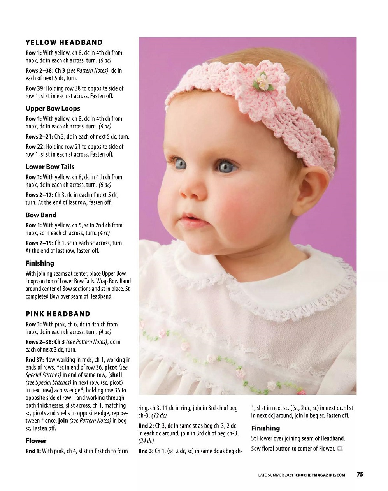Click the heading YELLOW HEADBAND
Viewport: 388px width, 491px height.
coord(64,42)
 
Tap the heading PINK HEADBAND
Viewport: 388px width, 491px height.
coord(58,314)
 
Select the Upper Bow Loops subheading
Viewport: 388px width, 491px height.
coord(53,108)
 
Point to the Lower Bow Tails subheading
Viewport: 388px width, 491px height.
coord(50,167)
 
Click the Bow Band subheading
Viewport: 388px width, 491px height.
coord(41,215)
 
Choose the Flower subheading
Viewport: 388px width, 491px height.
coord(36,441)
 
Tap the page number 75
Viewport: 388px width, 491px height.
coord(360,474)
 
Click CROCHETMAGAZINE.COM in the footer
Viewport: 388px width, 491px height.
coord(320,475)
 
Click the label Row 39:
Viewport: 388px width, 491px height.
coord(35,88)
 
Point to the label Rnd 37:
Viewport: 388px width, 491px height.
coord(35,360)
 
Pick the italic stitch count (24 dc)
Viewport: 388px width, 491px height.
coord(146,441)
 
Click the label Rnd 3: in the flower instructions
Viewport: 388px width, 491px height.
coord(146,451)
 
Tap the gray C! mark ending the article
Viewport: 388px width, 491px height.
coord(340,449)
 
